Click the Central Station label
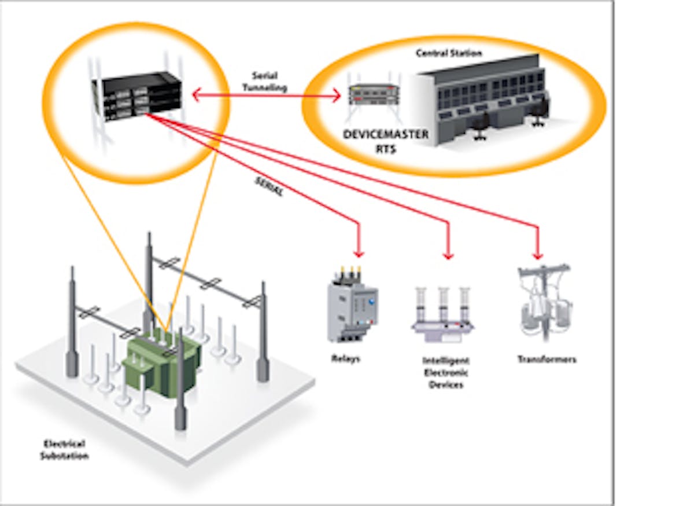tap(449, 53)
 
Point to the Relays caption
tap(345, 359)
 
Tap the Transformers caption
tap(547, 360)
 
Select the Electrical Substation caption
tap(64, 450)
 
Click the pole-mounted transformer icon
tap(544, 301)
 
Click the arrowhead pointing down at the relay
tap(359, 254)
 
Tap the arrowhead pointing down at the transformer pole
tap(538, 255)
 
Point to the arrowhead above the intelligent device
tap(448, 255)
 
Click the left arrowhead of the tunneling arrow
tap(196, 94)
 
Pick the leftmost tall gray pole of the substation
tap(72, 324)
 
